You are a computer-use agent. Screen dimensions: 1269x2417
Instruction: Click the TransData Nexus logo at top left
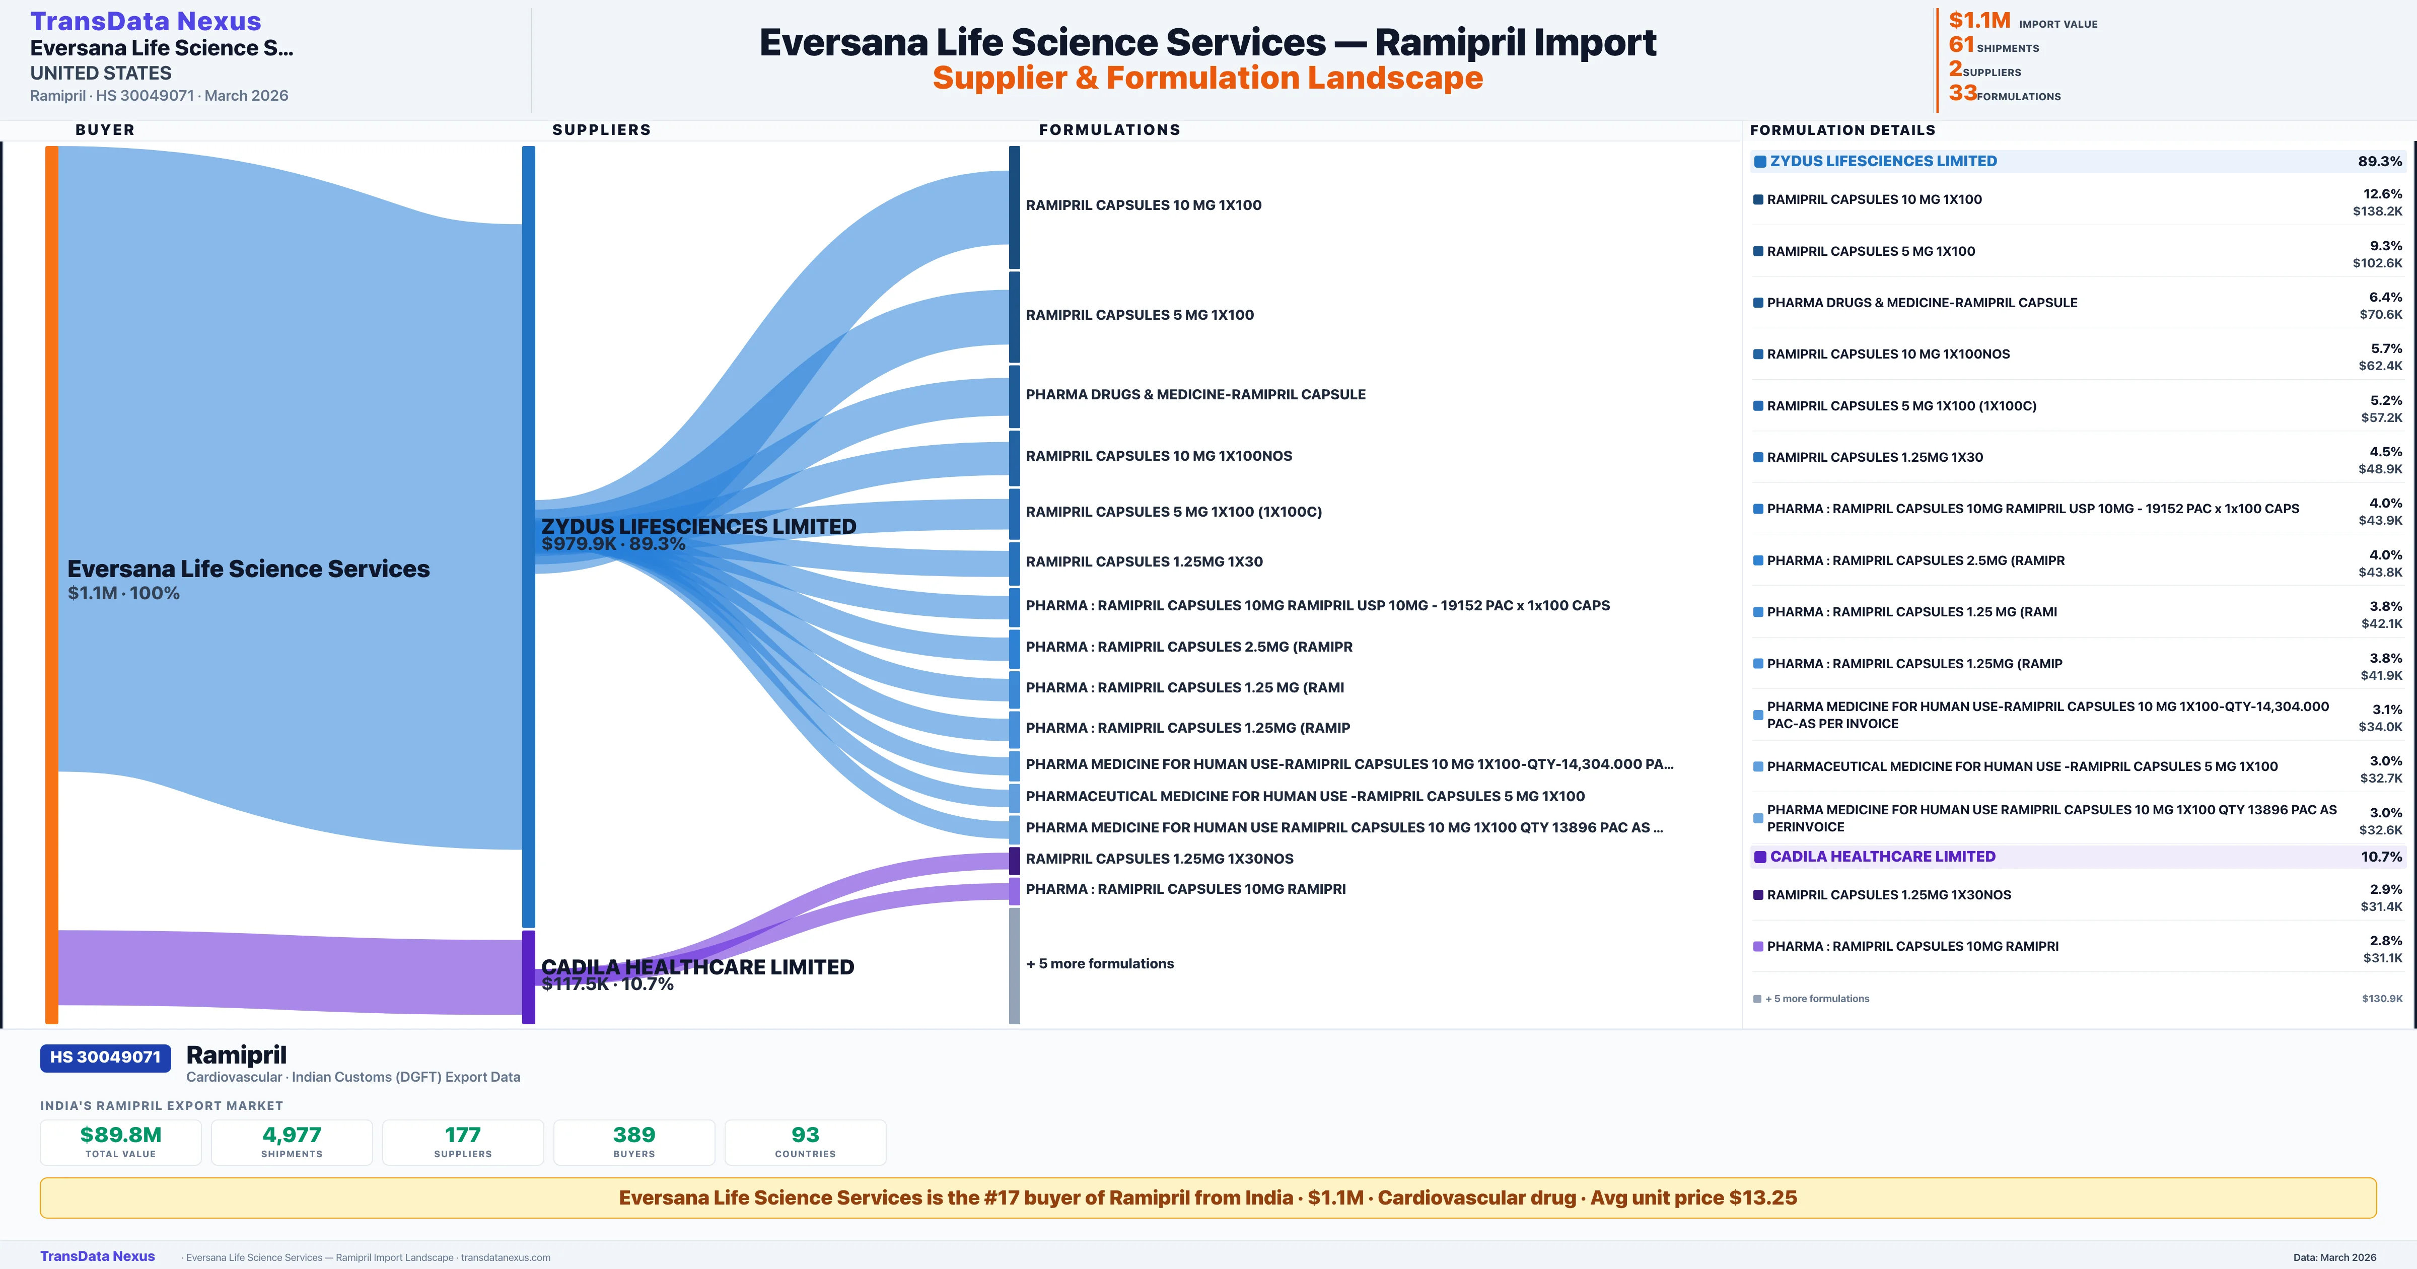146,21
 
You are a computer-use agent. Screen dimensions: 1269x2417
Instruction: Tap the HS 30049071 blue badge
105,1057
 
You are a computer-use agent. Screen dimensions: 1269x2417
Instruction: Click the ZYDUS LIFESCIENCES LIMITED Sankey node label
698,527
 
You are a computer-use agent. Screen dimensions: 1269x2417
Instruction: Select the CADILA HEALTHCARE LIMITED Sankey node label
697,967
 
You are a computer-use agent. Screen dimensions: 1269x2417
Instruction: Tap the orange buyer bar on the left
51,582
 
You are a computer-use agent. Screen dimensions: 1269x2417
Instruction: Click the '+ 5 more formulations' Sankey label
1100,964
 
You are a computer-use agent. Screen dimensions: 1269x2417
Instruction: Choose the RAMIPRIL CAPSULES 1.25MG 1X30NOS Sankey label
1160,859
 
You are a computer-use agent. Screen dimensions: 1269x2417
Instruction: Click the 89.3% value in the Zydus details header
2379,162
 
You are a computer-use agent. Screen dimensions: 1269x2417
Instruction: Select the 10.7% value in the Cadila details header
2381,857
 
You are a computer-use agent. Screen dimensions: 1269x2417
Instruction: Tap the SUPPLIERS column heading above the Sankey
601,129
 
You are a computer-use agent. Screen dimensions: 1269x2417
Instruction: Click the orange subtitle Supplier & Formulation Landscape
1207,78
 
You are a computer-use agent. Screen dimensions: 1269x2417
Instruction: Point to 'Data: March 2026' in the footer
2334,1257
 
